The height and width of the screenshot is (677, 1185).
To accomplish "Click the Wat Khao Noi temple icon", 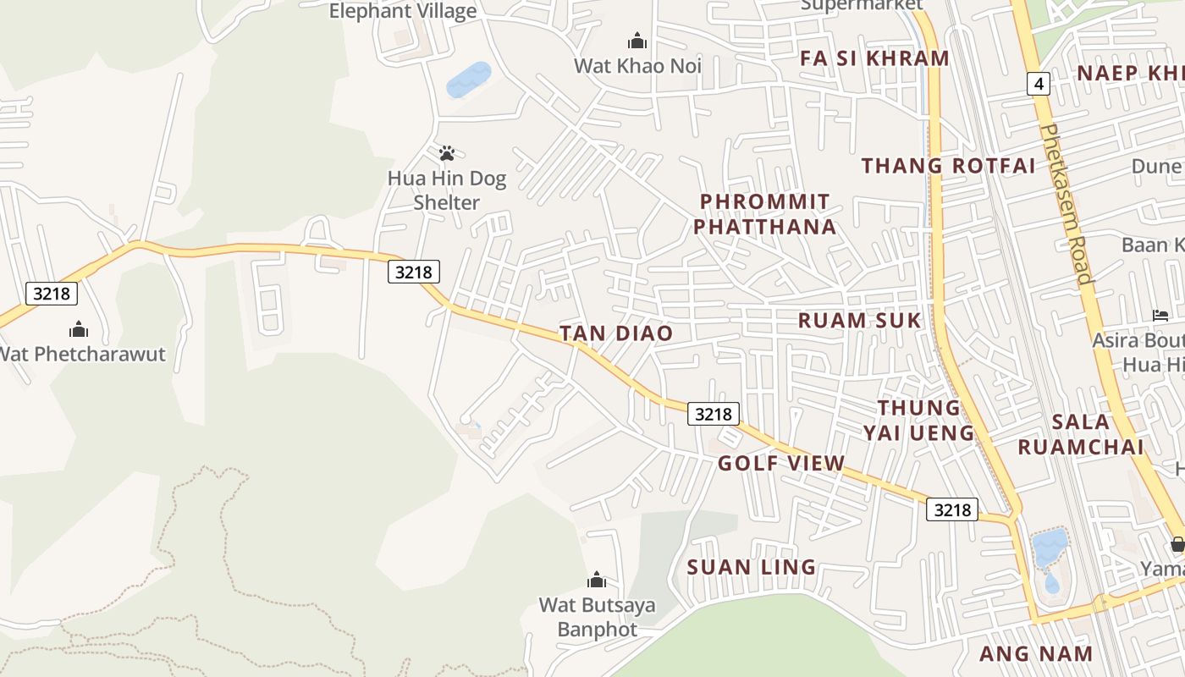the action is click(637, 41).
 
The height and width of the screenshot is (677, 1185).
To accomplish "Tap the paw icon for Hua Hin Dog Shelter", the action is click(447, 153).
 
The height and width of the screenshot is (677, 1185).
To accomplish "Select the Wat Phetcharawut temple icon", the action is click(79, 328).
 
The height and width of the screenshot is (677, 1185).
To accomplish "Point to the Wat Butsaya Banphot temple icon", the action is click(597, 580).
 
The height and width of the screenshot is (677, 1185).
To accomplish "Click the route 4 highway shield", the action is click(1039, 84).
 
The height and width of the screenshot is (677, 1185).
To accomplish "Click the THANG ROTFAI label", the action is click(948, 166).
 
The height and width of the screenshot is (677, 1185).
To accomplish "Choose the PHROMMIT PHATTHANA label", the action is click(767, 214).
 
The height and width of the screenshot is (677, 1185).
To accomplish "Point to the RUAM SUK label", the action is click(859, 321).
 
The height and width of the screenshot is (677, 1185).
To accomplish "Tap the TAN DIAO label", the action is click(616, 333).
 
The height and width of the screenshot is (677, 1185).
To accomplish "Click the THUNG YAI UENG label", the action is click(919, 421).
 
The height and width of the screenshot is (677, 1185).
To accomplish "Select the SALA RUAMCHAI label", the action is click(1080, 434).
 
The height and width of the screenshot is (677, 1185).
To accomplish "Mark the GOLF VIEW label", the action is click(781, 463).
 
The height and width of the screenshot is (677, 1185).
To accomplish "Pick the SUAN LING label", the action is click(752, 567).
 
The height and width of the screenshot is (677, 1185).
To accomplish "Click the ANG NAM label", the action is click(1036, 653).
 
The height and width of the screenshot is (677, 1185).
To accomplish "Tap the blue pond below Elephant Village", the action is click(468, 80).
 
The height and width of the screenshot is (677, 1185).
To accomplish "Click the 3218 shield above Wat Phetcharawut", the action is click(52, 294).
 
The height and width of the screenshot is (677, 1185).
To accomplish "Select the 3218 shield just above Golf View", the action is click(713, 414).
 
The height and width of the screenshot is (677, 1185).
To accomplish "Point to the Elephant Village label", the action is click(403, 11).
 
